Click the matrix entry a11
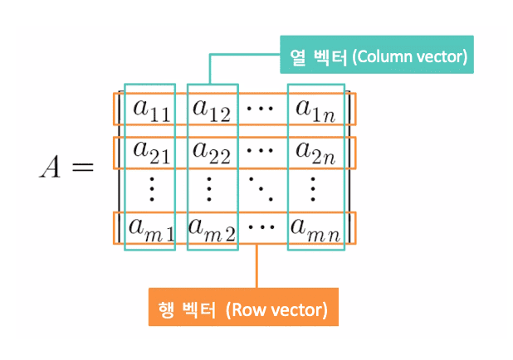tap(149, 109)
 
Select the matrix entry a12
tap(211, 109)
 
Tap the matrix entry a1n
tap(313, 109)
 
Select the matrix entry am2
tap(213, 226)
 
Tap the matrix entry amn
tap(314, 226)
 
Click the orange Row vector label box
tap(243, 310)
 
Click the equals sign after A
tap(82, 168)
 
